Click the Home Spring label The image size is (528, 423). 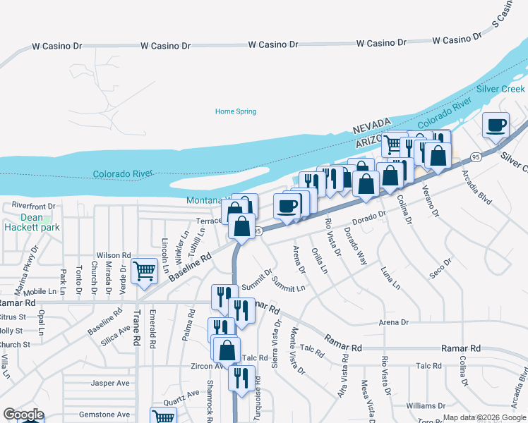[x=235, y=111]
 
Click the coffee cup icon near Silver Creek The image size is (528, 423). [x=496, y=125]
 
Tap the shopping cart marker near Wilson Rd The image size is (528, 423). [x=144, y=271]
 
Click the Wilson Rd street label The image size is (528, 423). [x=114, y=255]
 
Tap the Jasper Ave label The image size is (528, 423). [x=110, y=384]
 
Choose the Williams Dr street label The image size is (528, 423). [x=426, y=406]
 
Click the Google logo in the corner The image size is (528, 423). [x=23, y=415]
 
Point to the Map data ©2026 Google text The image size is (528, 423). [x=484, y=417]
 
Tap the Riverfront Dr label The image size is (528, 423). [x=33, y=205]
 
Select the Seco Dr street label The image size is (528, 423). [x=440, y=269]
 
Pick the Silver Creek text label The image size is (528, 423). [x=500, y=89]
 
